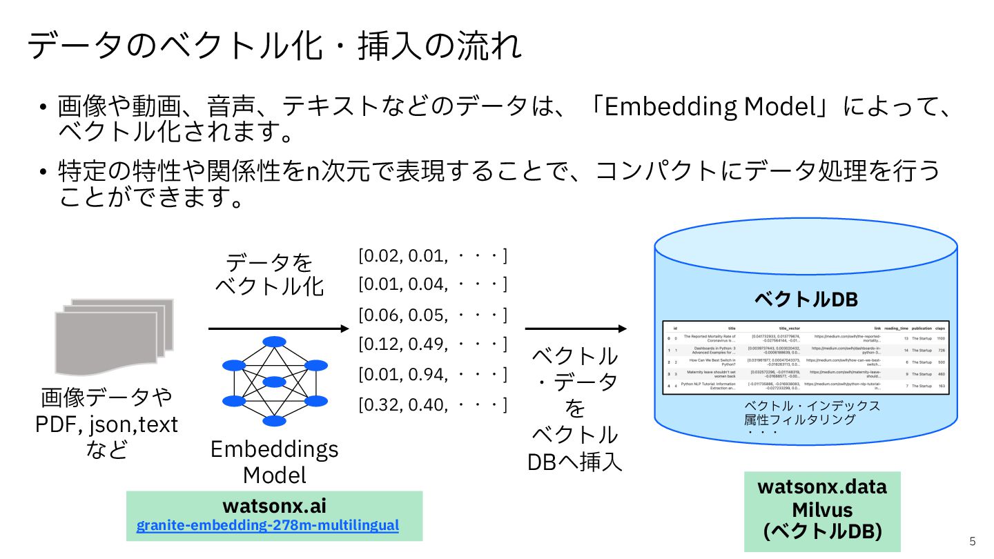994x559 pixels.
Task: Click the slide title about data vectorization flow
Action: point(275,47)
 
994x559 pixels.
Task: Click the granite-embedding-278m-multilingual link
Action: point(268,525)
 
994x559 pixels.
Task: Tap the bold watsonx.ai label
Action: point(274,505)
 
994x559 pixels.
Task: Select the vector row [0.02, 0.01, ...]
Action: point(432,257)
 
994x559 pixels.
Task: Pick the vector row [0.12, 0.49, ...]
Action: point(432,344)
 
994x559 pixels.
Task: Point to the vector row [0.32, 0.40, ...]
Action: point(432,404)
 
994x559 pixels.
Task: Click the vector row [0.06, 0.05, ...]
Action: point(432,315)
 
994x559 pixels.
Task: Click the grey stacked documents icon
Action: point(114,333)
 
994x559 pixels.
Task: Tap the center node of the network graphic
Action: point(275,382)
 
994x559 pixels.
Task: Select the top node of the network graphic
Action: point(275,342)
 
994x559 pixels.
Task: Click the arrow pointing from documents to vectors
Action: point(279,329)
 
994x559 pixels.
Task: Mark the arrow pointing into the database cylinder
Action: point(576,329)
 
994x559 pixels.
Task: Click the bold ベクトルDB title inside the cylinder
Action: point(806,300)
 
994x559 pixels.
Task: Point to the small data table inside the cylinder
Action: point(806,357)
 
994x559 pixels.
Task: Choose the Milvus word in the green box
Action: point(822,510)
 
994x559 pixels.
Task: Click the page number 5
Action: point(973,540)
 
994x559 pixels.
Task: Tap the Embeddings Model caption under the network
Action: point(275,462)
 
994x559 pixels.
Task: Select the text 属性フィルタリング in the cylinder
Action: point(799,419)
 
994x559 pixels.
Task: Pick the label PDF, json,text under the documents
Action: point(107,424)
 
